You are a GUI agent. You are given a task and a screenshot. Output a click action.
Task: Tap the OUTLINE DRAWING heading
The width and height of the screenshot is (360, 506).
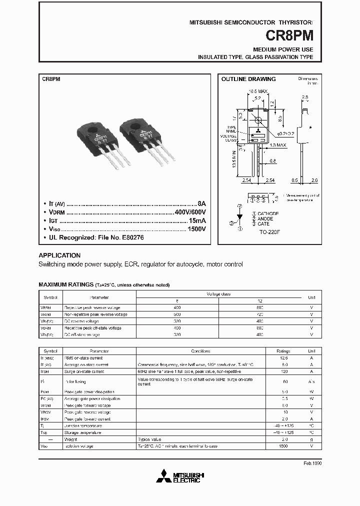point(248,79)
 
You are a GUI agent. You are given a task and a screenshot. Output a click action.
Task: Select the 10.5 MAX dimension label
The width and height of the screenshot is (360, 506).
point(258,91)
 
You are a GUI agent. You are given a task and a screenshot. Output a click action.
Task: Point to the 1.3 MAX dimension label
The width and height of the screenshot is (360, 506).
point(278,145)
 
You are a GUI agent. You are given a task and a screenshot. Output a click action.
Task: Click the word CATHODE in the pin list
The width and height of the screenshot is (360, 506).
point(268,213)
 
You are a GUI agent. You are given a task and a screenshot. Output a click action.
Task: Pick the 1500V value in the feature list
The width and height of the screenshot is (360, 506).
point(195,228)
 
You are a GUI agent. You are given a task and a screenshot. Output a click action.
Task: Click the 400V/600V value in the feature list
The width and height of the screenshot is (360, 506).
point(189,212)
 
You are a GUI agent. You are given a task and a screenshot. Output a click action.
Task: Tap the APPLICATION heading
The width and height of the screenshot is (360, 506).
point(59,255)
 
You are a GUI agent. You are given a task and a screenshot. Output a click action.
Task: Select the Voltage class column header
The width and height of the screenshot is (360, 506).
point(218,294)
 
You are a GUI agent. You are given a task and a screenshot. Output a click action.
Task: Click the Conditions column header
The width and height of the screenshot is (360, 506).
point(200,351)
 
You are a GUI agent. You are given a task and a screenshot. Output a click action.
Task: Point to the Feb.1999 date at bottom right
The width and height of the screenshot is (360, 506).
point(312,463)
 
